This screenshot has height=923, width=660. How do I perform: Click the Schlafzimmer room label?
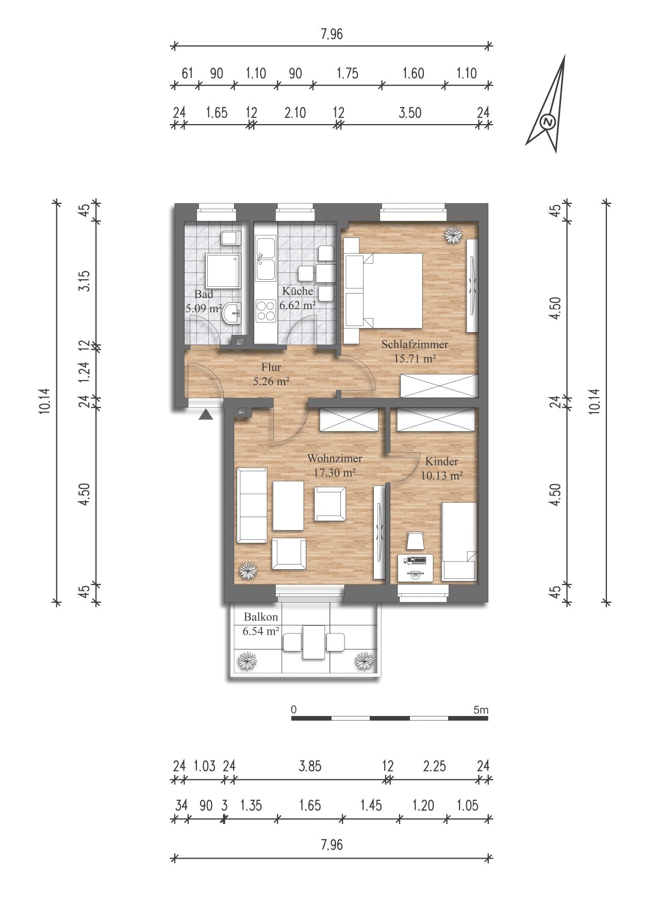[415, 345]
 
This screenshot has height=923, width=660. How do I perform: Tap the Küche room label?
[298, 291]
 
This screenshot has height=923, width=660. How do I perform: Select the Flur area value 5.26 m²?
[271, 382]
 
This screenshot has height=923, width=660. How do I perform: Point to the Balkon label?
[261, 617]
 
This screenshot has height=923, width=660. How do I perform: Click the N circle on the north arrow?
[548, 123]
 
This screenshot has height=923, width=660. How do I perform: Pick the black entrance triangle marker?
[206, 415]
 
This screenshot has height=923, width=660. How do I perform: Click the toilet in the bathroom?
[230, 238]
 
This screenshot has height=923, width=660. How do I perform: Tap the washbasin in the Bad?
[233, 313]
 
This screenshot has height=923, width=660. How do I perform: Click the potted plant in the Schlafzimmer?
[453, 235]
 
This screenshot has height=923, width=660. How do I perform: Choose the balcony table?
[313, 642]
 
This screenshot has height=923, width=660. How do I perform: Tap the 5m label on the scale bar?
[480, 710]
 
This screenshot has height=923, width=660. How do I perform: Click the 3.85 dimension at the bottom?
[310, 766]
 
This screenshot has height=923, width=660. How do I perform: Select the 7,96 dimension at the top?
[332, 35]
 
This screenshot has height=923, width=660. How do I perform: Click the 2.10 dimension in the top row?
[295, 112]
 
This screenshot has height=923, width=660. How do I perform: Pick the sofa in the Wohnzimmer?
[252, 505]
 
